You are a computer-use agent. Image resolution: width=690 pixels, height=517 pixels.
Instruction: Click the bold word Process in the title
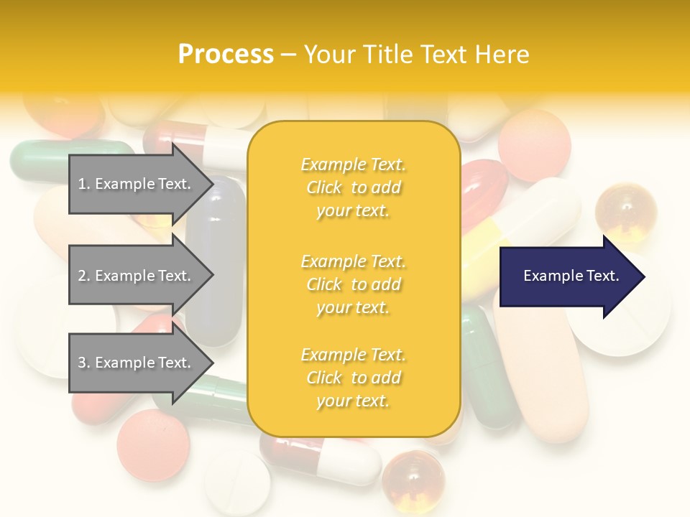[226, 54]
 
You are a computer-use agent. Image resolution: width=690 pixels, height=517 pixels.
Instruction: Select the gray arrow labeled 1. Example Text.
[137, 184]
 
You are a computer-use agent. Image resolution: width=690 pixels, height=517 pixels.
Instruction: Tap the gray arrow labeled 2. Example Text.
[137, 276]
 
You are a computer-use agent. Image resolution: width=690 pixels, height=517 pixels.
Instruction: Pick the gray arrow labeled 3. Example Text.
[137, 363]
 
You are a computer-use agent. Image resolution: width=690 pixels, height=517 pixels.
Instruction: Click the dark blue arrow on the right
[568, 276]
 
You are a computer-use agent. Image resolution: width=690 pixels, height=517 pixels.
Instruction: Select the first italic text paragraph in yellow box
[353, 187]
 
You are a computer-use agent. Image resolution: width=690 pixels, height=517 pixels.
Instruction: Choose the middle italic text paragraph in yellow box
[353, 284]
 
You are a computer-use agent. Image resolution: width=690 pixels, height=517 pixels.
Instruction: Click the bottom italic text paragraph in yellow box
[353, 378]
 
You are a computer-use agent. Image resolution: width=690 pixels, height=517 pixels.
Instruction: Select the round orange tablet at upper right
[534, 144]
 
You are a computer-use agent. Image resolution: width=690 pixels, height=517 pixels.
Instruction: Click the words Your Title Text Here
[416, 54]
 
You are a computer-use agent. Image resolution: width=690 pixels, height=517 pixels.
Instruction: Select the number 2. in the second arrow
[84, 276]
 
